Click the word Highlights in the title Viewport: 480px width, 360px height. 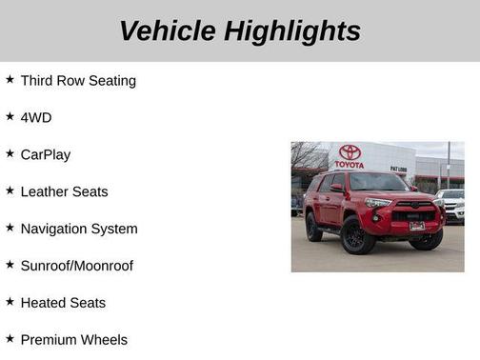click(292, 30)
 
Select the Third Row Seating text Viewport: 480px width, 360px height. click(78, 81)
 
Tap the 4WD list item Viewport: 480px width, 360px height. click(36, 117)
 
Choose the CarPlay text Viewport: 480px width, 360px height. click(45, 154)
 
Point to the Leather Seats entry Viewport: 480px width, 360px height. click(64, 191)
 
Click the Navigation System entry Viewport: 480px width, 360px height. click(79, 229)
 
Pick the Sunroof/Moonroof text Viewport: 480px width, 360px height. click(77, 266)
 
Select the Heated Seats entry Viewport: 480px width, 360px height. click(63, 303)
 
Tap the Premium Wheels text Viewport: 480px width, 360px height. click(73, 339)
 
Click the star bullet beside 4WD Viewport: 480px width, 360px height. click(10, 116)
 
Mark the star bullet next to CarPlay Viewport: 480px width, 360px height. click(10, 153)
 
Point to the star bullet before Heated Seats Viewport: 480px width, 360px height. click(10, 302)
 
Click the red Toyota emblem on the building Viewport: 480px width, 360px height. click(350, 151)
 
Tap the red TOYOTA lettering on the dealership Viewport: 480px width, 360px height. click(350, 165)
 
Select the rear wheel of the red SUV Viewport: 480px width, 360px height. click(313, 227)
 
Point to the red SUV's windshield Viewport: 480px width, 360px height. click(377, 182)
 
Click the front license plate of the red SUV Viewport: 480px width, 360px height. click(417, 227)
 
